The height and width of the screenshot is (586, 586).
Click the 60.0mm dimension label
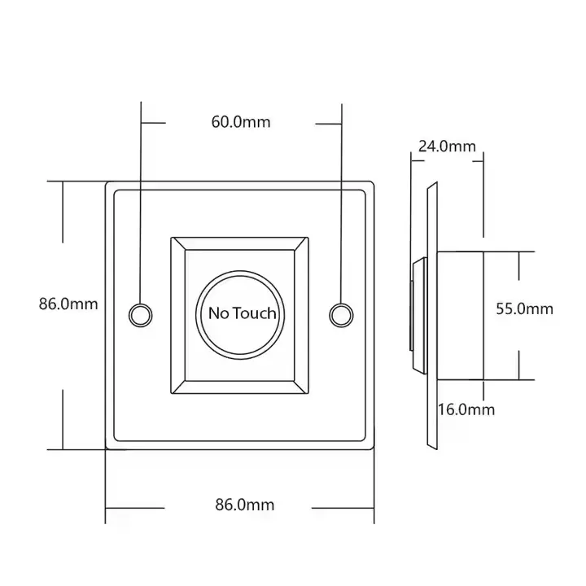pos(240,122)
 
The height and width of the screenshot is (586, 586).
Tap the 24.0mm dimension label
pos(447,146)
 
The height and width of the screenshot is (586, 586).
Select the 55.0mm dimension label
pos(525,308)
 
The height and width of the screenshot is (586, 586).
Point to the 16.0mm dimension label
pos(467,409)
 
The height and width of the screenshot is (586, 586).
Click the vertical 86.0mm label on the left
pos(68,304)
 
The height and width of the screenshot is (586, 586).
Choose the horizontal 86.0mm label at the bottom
pos(244,505)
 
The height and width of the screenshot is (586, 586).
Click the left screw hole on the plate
pos(140,313)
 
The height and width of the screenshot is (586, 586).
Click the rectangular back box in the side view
pos(461,315)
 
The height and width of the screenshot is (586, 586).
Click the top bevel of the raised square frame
pos(240,243)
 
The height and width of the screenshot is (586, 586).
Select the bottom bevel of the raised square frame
pos(240,388)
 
